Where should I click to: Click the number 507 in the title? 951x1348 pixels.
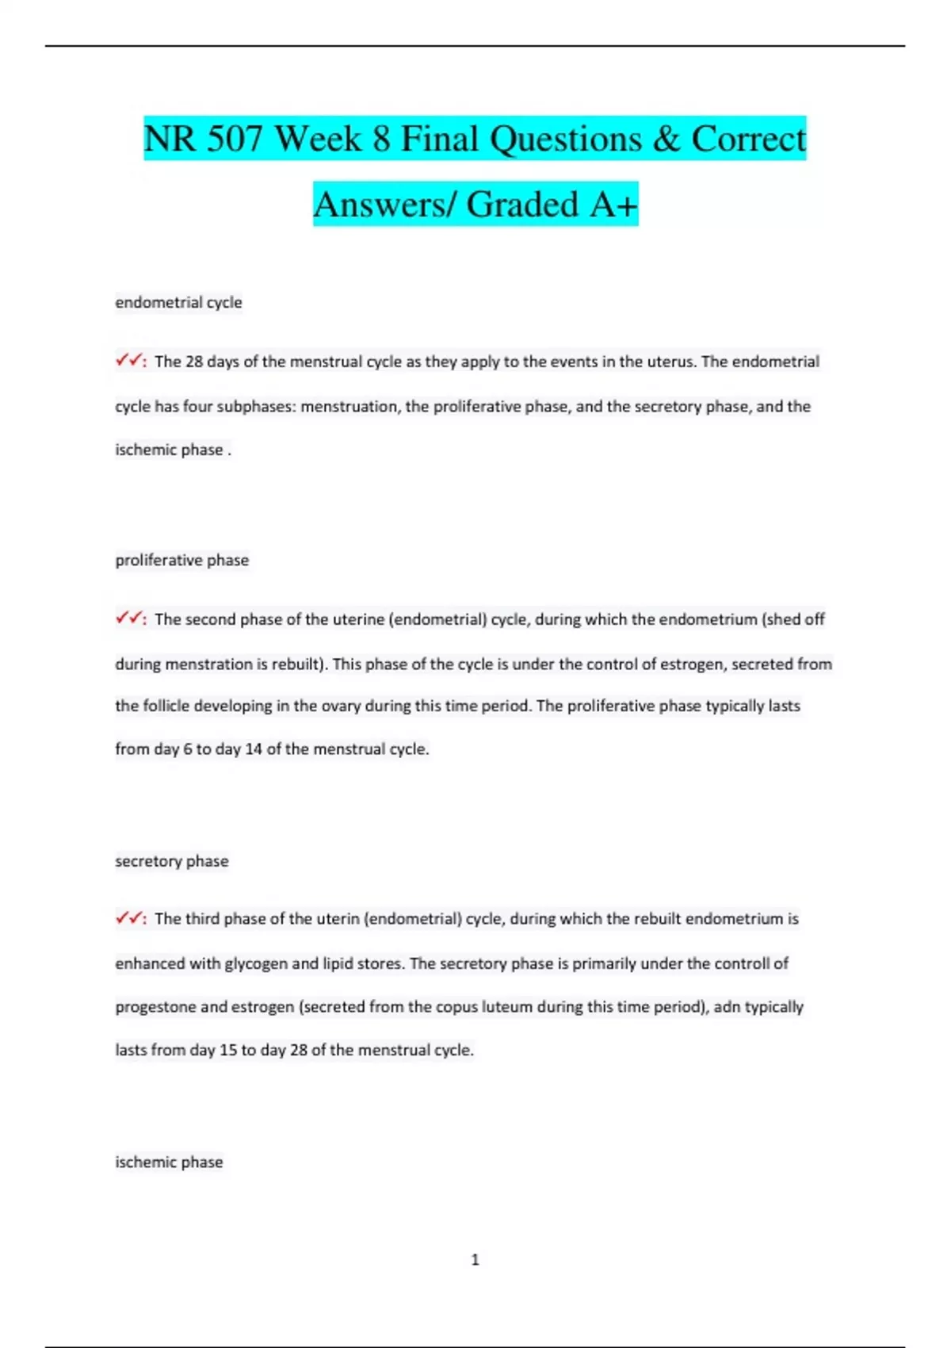click(x=235, y=139)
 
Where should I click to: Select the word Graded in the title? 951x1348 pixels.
click(x=523, y=205)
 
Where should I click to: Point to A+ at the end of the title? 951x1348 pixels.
click(x=613, y=205)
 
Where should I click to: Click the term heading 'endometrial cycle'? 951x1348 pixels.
click(x=178, y=302)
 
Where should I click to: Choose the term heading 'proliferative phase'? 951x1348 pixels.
click(x=181, y=560)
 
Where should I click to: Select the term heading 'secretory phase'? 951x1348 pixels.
click(x=171, y=860)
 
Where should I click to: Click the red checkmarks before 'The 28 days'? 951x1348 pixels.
click(x=128, y=361)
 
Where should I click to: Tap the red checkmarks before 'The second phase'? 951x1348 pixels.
click(x=128, y=618)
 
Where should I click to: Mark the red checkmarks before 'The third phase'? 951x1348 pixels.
click(x=128, y=918)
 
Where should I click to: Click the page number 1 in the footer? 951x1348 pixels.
click(x=475, y=1259)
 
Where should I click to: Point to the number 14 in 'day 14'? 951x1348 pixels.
click(x=254, y=749)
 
